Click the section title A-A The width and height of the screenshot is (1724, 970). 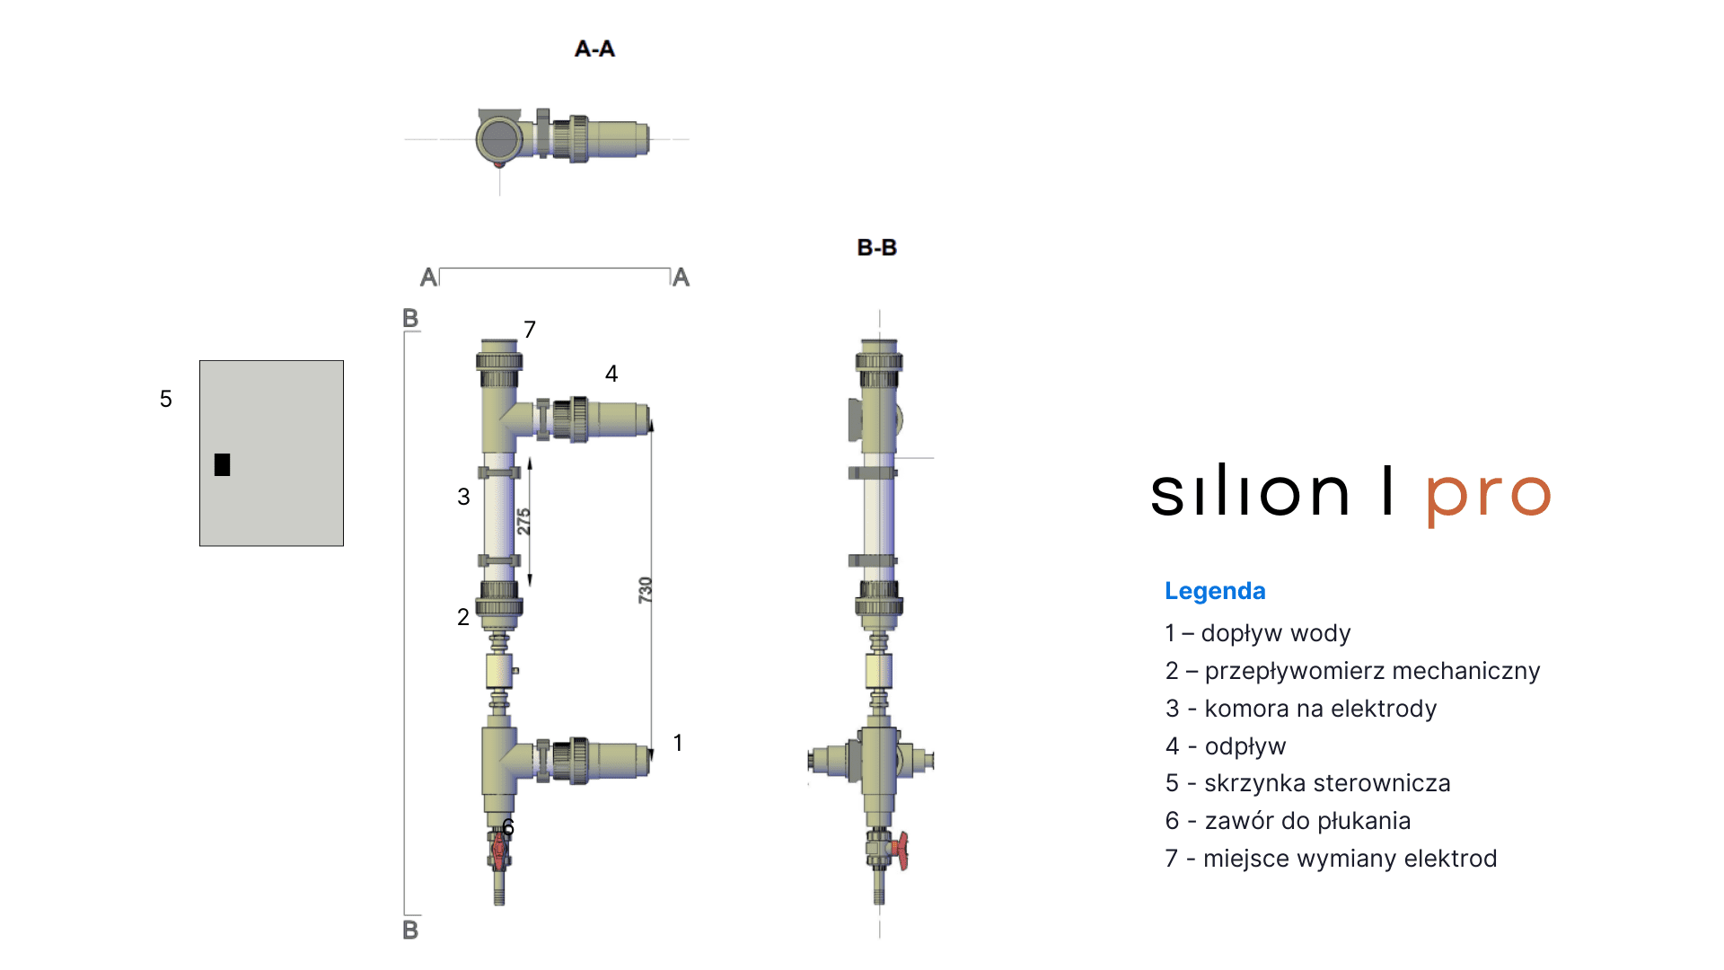pos(594,48)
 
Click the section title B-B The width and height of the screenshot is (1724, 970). pos(876,247)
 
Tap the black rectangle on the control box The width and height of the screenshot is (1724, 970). pos(223,464)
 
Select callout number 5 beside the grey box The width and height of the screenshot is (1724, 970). pos(166,399)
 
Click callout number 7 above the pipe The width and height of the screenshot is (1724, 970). pos(530,330)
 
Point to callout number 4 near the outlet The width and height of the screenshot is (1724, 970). pos(611,374)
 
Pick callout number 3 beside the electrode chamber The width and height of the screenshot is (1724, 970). pos(463,497)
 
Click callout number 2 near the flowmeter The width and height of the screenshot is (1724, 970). pos(463,617)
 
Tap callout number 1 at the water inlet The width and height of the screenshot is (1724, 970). pos(678,743)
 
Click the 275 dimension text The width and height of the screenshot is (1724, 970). pos(523,521)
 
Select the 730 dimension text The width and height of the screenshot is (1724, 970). pos(645,590)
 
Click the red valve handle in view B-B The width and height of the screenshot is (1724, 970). pos(901,850)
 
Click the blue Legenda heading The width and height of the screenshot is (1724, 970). pos(1215,591)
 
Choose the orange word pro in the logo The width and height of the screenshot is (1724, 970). pos(1488,494)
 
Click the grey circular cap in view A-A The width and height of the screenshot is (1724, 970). pos(498,139)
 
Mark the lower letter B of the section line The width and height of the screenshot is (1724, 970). pos(410,930)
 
